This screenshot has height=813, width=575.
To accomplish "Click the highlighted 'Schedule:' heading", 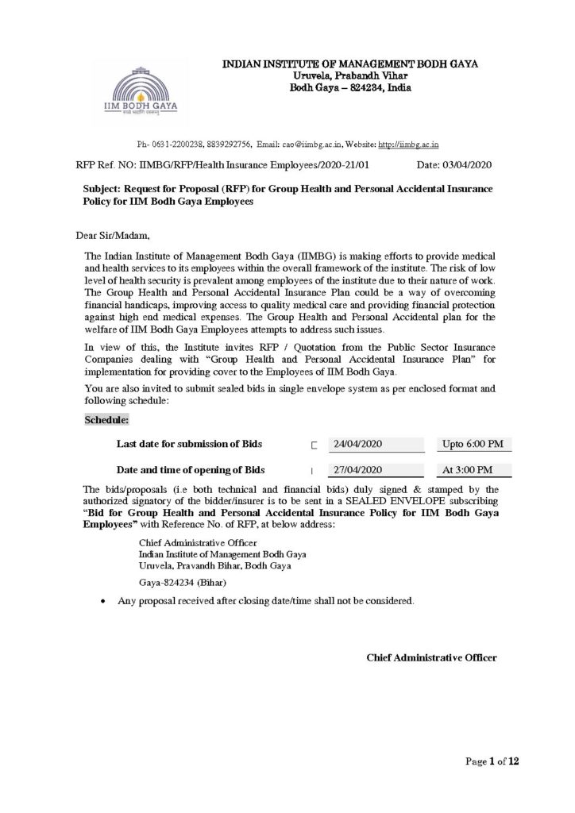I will click(108, 419).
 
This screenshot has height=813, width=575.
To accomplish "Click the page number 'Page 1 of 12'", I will click(492, 762).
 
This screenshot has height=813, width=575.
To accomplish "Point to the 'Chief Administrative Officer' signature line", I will click(431, 657).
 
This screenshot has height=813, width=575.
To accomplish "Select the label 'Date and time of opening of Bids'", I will click(191, 469).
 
